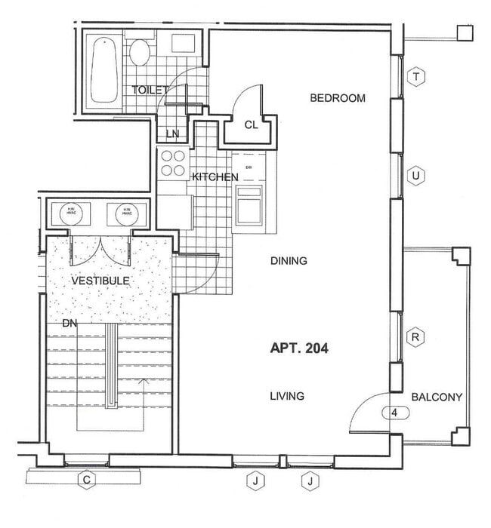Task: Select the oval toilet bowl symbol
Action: point(139,53)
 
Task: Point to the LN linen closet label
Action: point(173,134)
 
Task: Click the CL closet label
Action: point(251,125)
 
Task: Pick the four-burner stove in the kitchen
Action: point(173,163)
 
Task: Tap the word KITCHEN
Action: point(215,177)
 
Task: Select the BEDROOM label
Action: point(338,98)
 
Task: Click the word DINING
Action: point(289,261)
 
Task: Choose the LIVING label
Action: point(288,396)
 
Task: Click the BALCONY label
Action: point(437,398)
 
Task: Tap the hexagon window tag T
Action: point(415,75)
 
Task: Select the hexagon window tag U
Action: point(415,176)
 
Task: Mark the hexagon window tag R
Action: point(415,337)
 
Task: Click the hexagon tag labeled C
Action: point(87,480)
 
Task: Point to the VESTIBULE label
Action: point(100,281)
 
